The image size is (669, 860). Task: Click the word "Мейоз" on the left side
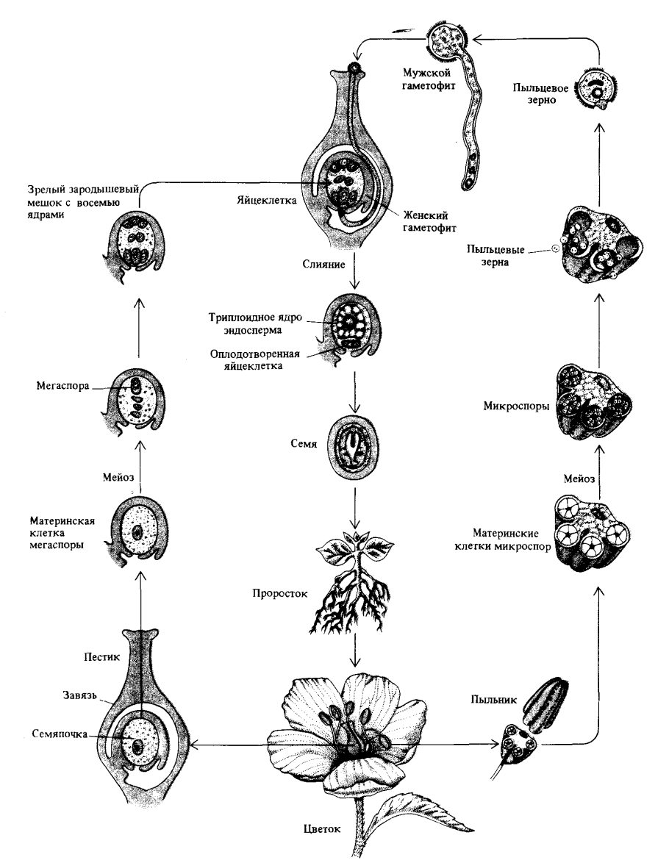point(118,476)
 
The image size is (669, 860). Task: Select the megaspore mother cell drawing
point(137,532)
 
